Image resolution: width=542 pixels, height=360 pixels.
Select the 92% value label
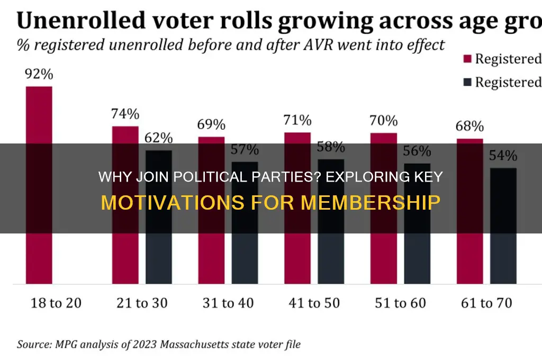pyautogui.click(x=39, y=74)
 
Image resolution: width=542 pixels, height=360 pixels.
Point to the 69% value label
pyautogui.click(x=211, y=125)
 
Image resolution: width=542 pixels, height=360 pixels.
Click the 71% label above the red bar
pyautogui.click(x=297, y=121)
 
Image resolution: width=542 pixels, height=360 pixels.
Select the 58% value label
pyautogui.click(x=331, y=147)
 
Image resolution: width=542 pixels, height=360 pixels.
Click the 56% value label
pyautogui.click(x=417, y=151)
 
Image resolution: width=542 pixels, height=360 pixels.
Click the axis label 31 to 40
pyautogui.click(x=228, y=303)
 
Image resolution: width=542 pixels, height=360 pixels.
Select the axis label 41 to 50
pyautogui.click(x=314, y=303)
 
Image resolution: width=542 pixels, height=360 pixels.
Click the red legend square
pyautogui.click(x=467, y=59)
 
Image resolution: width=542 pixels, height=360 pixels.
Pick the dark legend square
pyautogui.click(x=467, y=82)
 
